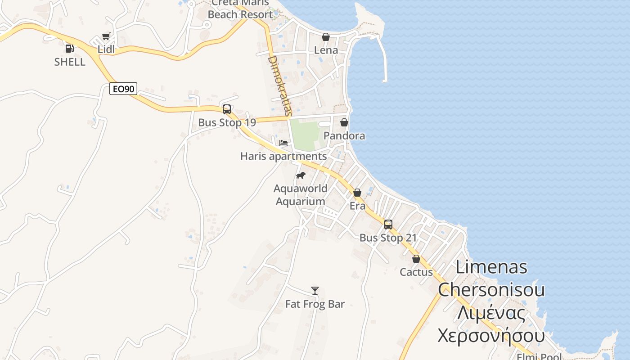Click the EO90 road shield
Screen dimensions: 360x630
(123, 89)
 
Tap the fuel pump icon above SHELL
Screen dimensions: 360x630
(69, 48)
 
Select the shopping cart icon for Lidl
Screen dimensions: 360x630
(106, 36)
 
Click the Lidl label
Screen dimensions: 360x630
(106, 49)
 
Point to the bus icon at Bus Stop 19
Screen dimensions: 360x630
(227, 109)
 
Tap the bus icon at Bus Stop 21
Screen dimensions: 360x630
(388, 224)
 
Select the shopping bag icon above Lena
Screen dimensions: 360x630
(325, 37)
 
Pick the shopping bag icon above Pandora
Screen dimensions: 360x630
(344, 122)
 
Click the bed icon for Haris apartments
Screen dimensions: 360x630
(283, 143)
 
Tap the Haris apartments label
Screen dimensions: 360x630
(283, 157)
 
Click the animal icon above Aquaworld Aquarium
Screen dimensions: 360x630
(301, 175)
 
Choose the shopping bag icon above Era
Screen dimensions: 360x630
(357, 193)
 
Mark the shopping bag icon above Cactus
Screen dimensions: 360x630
(416, 259)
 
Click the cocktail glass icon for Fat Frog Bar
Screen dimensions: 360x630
(315, 291)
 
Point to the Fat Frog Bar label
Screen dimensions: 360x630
(315, 304)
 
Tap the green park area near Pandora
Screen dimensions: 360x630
(305, 134)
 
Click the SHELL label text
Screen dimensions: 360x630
(70, 62)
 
